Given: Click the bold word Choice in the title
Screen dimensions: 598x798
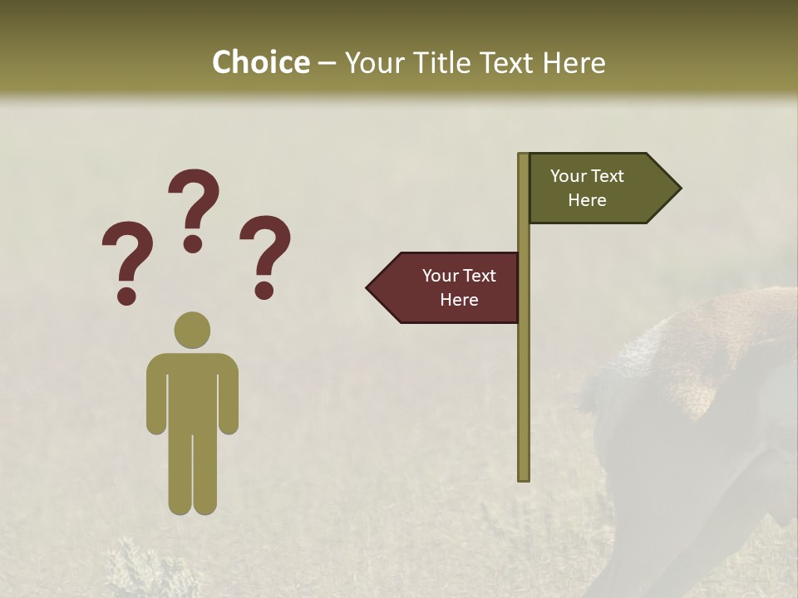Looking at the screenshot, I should click(x=260, y=62).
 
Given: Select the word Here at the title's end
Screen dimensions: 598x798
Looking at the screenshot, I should click(x=574, y=62).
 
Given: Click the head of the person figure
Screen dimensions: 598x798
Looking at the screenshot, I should click(x=192, y=330).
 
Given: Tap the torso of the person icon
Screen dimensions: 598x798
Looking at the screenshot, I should click(x=192, y=390).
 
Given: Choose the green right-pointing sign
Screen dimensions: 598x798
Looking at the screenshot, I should click(x=598, y=189).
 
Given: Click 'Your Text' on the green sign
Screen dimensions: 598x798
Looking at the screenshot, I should click(x=587, y=176).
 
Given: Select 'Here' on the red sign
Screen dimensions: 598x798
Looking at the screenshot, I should click(x=459, y=300).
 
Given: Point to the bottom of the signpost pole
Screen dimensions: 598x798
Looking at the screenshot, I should click(x=524, y=476).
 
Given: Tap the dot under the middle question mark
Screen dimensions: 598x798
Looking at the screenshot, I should click(x=193, y=243).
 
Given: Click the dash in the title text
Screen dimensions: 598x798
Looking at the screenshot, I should click(x=327, y=63).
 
